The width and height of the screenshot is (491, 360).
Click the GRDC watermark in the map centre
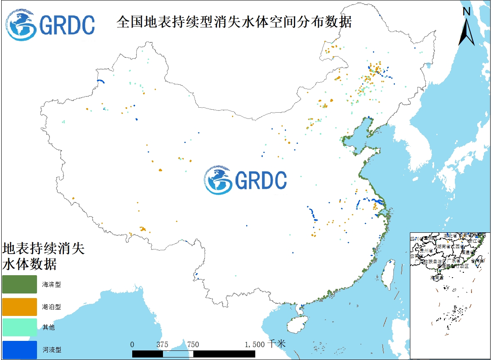[x=245, y=180]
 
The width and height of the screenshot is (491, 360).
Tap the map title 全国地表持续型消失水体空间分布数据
[x=234, y=22]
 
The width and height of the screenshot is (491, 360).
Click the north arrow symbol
[x=466, y=31]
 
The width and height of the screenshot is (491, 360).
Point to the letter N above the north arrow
[x=466, y=12]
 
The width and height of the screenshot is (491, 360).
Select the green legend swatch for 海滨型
[x=19, y=284]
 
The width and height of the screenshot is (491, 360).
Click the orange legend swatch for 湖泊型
[x=19, y=306]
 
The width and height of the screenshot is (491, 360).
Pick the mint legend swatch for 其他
[x=19, y=328]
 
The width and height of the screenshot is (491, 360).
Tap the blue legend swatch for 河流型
[x=19, y=350]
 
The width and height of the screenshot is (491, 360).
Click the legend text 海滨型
[x=52, y=285]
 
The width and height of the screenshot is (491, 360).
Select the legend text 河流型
[x=52, y=350]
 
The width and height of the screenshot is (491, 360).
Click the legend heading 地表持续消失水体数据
[x=43, y=256]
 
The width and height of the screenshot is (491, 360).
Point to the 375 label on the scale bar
[x=163, y=344]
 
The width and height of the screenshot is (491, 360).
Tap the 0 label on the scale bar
[x=132, y=344]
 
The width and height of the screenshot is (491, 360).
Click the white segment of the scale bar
[x=178, y=354]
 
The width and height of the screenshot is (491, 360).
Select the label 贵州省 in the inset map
[x=426, y=251]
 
